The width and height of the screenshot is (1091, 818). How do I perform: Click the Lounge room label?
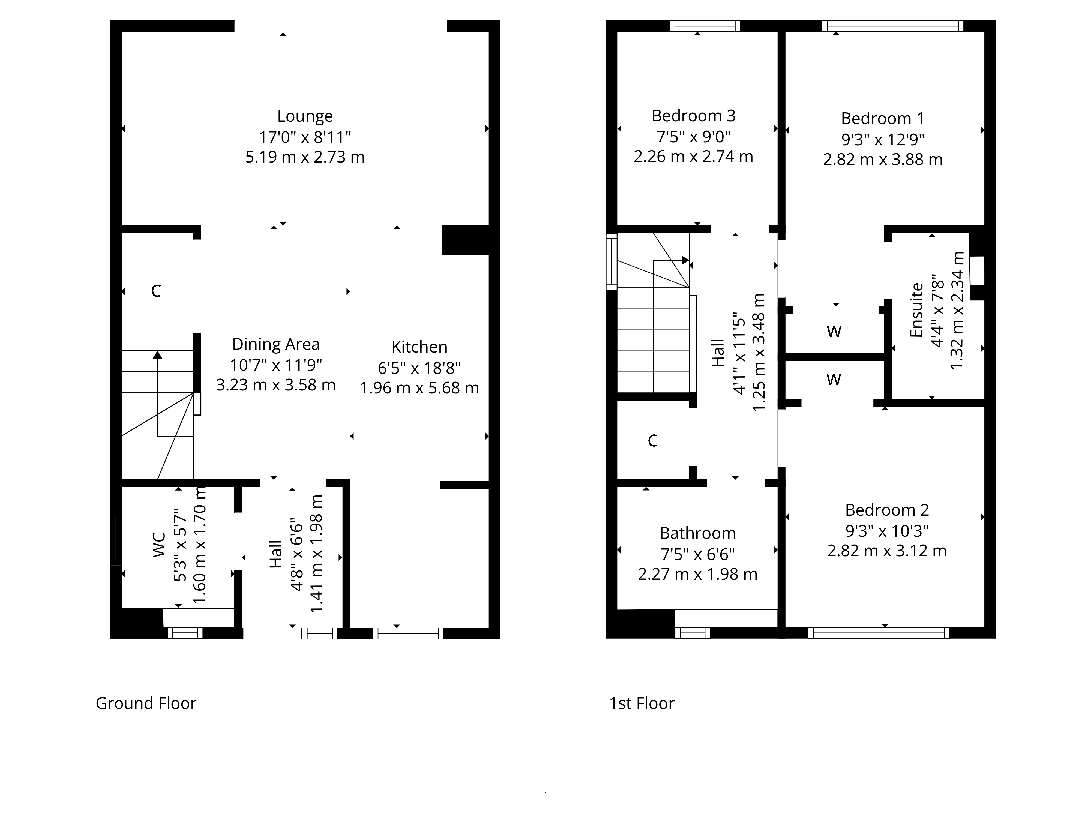point(305,116)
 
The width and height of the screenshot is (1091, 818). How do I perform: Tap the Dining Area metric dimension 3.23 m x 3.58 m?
point(276,384)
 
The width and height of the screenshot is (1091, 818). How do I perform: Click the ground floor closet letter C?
point(156,291)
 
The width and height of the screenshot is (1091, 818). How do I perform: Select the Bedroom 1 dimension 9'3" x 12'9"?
point(882,140)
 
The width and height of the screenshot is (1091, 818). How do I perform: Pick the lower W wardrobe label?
point(834,380)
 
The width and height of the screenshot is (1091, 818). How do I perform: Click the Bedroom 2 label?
point(887,509)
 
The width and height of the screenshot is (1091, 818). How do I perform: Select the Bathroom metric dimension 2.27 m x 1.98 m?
point(697,574)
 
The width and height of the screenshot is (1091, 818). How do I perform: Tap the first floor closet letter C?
point(652,440)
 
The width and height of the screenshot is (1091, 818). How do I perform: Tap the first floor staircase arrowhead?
point(685,260)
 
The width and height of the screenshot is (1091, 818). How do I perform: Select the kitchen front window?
point(408,633)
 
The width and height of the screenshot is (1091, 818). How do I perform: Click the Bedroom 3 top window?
point(705,26)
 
